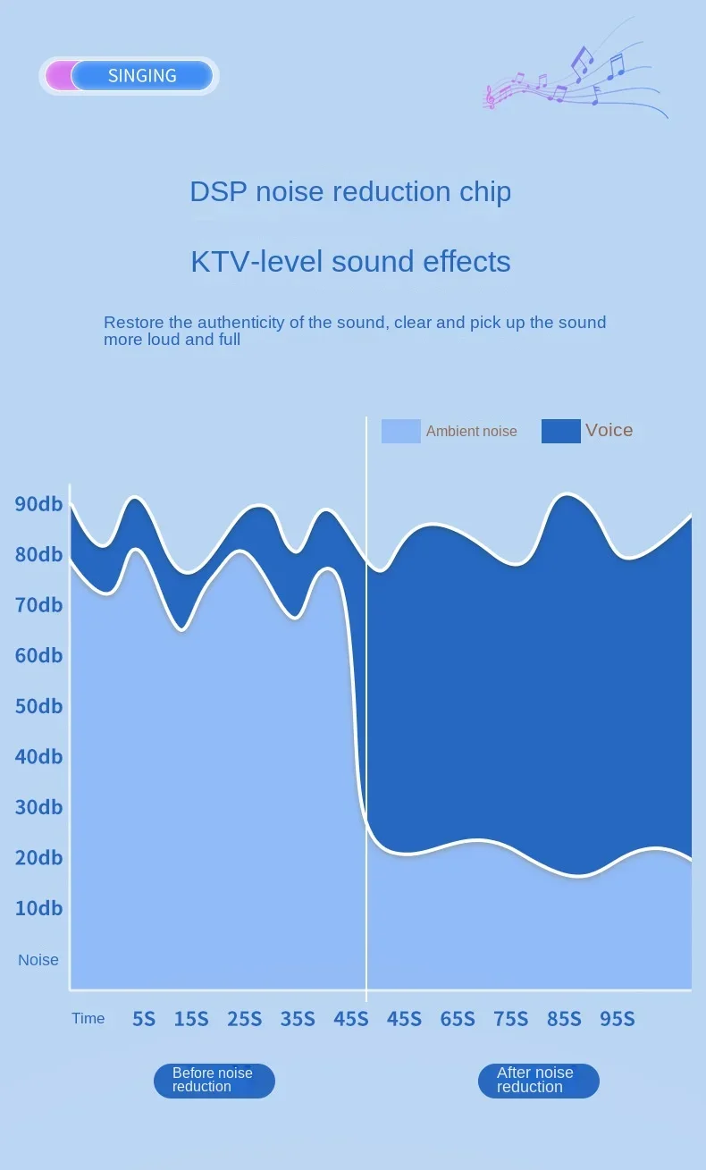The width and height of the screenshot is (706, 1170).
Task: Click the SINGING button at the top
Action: coord(141,76)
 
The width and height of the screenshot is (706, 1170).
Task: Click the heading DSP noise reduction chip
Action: coord(350,191)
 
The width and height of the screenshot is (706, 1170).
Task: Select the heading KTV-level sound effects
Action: coord(350,261)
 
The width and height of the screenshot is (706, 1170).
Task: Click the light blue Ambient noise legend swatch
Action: coord(400,431)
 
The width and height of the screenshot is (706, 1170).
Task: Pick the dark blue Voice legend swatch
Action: coord(560,431)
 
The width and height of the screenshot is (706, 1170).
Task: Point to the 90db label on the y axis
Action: coord(38,504)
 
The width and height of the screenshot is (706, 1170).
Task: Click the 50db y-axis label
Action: coord(38,706)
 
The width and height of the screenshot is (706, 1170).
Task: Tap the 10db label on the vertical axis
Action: coord(38,908)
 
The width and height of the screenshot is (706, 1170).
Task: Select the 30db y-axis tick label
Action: coord(38,807)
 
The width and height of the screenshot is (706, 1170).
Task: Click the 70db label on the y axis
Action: coord(38,605)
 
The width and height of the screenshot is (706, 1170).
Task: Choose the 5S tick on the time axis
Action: coord(144,1019)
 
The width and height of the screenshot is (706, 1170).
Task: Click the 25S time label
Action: coord(244,1019)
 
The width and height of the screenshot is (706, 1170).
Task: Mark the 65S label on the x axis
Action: coord(458,1019)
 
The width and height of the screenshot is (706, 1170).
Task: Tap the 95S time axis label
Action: coord(618,1019)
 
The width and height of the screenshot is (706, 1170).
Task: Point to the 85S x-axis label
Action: coord(564,1019)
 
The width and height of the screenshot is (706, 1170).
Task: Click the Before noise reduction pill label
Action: coord(214,1081)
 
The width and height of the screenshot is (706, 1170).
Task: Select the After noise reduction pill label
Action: coord(538,1081)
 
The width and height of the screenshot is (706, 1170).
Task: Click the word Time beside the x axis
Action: coord(88,1019)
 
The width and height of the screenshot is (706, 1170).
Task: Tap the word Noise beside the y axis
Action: coord(38,960)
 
